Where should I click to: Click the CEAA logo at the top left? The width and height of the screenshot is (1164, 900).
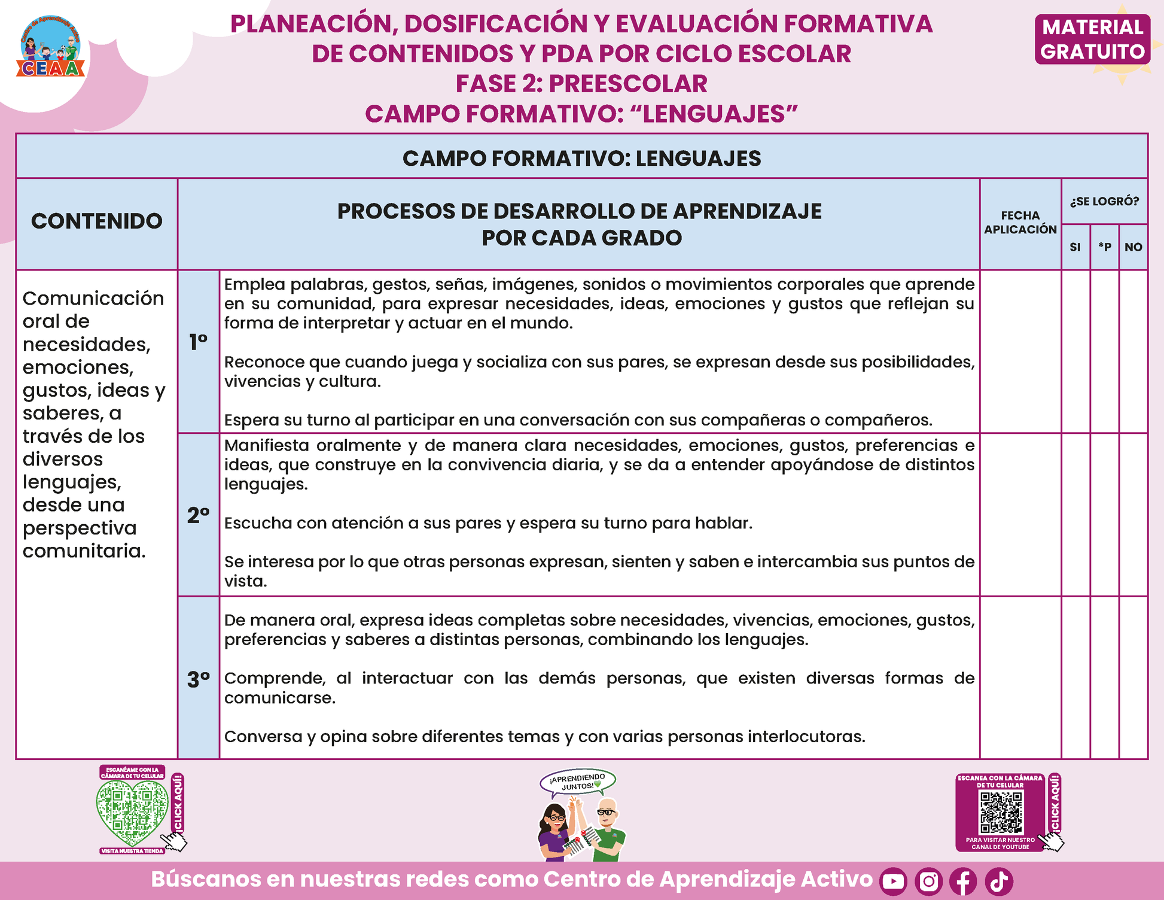(51, 47)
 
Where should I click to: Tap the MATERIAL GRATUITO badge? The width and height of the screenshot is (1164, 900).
(1092, 39)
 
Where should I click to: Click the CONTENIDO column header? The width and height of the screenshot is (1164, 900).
(97, 221)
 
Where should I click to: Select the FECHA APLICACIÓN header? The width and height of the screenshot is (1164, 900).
(1020, 223)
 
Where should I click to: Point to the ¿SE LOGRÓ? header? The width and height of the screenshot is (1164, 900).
(1104, 202)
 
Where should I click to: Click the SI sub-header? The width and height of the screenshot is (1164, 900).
(1075, 247)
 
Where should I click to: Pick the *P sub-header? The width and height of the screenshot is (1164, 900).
(1104, 247)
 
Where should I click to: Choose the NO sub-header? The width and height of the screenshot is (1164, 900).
(1133, 247)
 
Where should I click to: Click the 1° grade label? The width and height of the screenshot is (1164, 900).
(199, 342)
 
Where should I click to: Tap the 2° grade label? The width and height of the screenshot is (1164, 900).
(199, 515)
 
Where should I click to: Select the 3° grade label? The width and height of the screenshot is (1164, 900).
(199, 679)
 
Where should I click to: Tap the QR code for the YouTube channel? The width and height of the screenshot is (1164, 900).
(1001, 812)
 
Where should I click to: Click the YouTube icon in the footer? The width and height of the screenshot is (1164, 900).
(893, 881)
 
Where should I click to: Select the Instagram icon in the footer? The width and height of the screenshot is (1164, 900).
(928, 881)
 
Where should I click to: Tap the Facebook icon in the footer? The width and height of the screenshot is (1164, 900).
(963, 881)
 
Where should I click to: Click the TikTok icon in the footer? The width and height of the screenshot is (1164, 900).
(999, 881)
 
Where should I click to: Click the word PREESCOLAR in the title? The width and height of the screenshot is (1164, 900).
(628, 84)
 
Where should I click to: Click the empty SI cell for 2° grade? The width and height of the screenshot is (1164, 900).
(1075, 515)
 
